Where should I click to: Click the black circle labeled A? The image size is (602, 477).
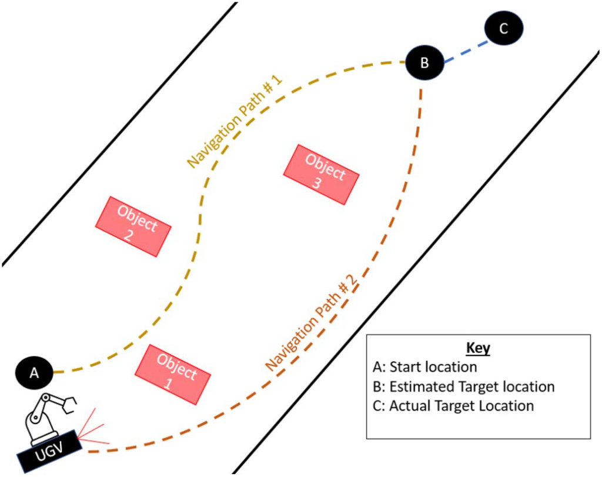tap(34, 372)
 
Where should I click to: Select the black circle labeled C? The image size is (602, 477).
tap(504, 28)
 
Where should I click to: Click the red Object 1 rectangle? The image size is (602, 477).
tap(172, 374)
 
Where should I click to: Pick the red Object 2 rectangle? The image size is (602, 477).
tap(133, 226)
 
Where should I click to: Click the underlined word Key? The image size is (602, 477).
tap(478, 348)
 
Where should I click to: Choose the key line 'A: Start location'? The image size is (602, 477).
tap(424, 368)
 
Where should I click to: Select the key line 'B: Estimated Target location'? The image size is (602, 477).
tap(463, 386)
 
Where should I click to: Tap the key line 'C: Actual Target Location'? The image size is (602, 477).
tap(453, 406)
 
